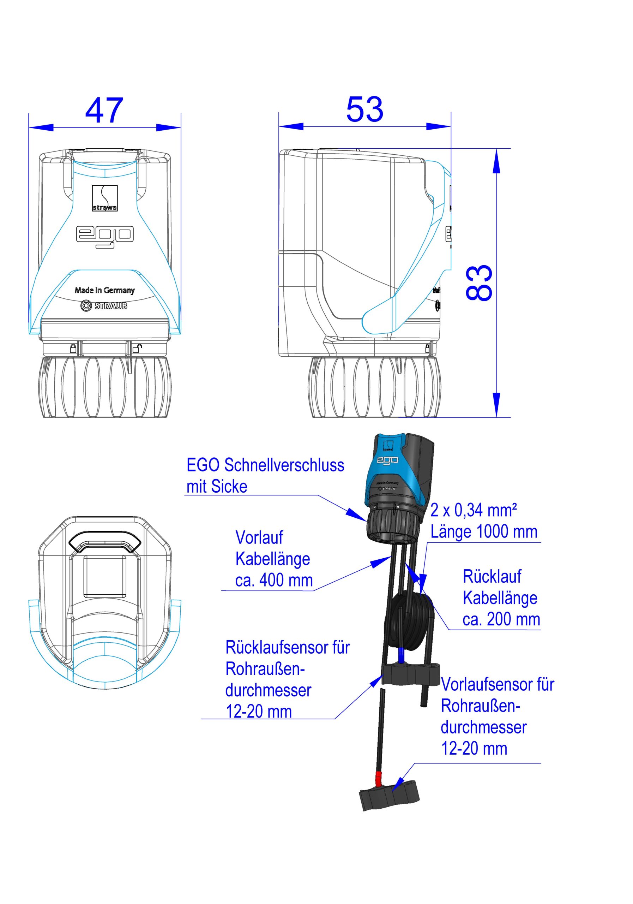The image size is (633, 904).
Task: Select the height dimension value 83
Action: point(479,283)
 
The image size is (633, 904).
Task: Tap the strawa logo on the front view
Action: point(105,198)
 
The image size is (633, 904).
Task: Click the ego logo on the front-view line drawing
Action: point(105,237)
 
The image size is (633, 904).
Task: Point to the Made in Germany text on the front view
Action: point(105,291)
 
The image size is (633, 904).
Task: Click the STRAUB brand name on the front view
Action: point(110,305)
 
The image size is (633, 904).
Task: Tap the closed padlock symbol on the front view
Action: point(73,348)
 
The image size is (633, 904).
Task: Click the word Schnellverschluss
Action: point(284,465)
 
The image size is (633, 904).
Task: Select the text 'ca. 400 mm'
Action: point(274,580)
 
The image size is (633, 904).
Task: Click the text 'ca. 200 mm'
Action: point(501,619)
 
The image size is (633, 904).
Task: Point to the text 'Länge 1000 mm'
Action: point(484,531)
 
